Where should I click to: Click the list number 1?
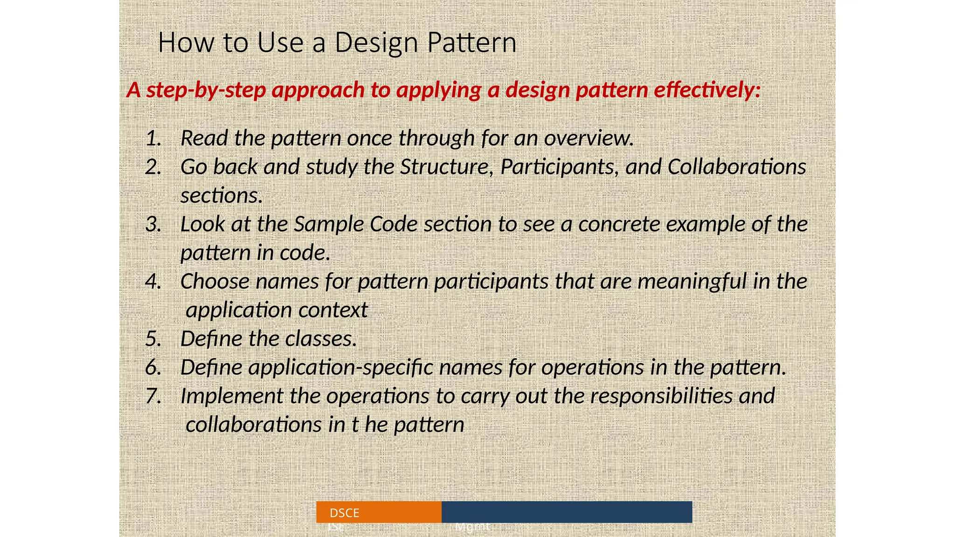153,138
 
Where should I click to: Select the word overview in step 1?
588,138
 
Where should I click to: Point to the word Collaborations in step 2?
737,167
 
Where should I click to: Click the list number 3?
153,224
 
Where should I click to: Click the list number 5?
153,339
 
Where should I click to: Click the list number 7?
153,396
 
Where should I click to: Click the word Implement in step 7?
231,396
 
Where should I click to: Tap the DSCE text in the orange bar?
344,513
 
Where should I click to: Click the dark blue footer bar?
567,512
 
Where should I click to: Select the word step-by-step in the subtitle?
206,89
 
